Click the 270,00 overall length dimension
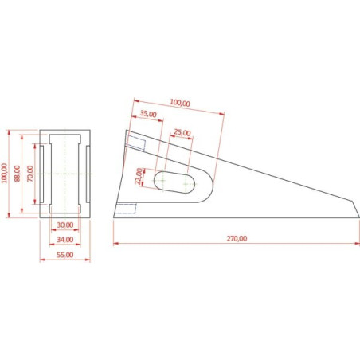237,238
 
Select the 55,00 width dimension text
65,255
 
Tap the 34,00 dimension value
65,240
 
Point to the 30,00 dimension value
65,225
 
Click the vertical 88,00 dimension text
18,174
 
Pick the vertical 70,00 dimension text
30,174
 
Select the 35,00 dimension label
148,114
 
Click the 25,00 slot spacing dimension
182,132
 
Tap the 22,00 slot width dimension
139,176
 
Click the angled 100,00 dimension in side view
180,103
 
